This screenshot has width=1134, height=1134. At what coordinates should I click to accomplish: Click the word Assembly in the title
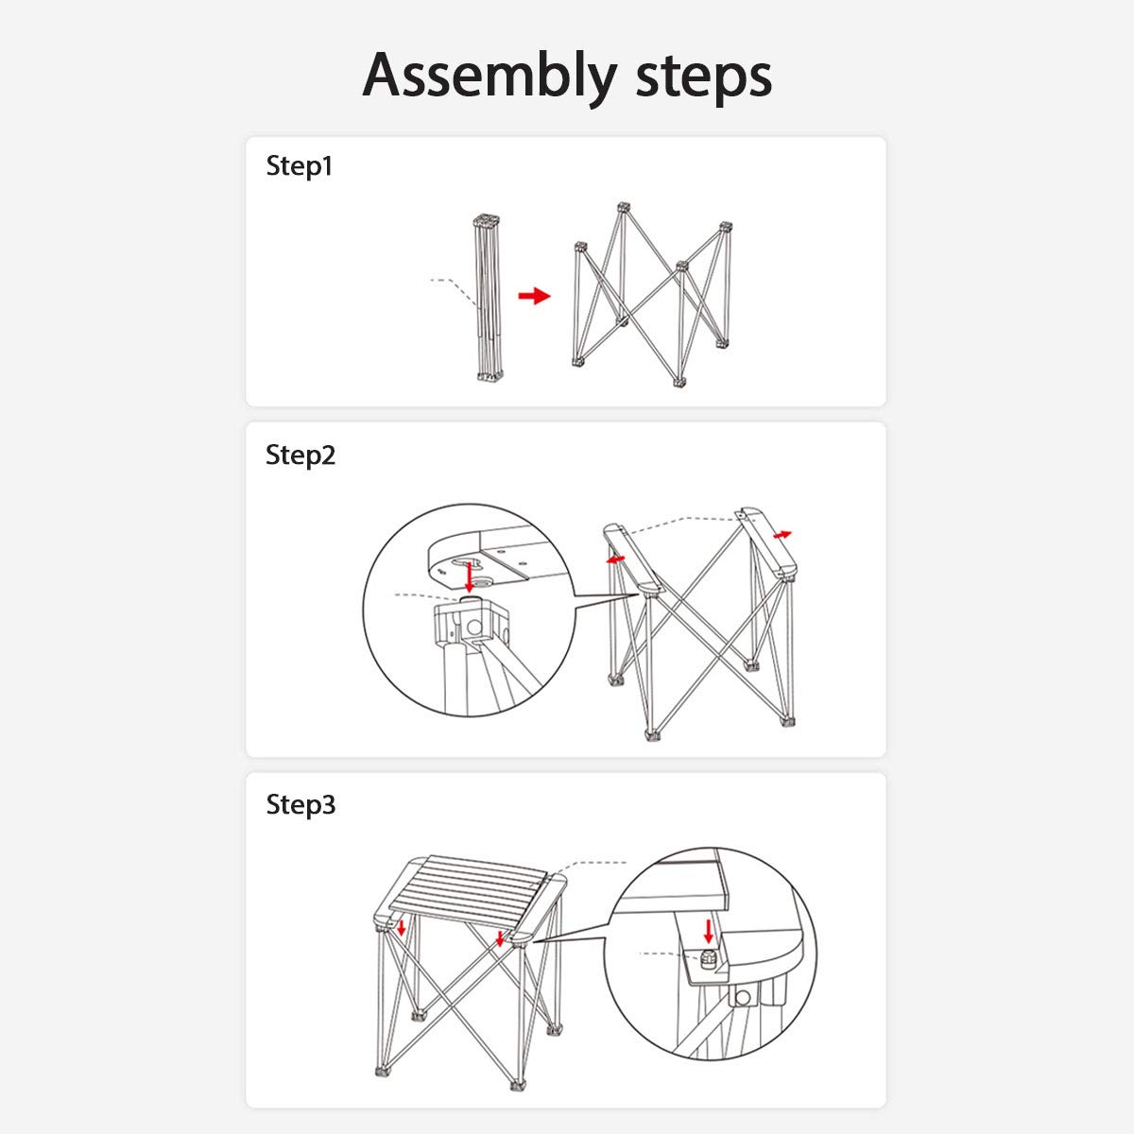(x=489, y=77)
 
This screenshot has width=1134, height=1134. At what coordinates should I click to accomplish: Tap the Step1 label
(x=299, y=166)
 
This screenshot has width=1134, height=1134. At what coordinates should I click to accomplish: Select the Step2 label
(x=301, y=455)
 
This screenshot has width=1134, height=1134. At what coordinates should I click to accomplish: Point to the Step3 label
(x=301, y=804)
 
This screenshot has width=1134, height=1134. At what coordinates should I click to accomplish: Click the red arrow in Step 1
(x=534, y=296)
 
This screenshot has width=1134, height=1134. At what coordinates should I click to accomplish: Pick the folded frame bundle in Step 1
(x=488, y=298)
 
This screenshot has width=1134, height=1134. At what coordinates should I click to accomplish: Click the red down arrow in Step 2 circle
(x=469, y=577)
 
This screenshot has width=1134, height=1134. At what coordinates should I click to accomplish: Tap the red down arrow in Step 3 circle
(x=709, y=931)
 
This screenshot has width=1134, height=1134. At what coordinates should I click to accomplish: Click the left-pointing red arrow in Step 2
(x=615, y=559)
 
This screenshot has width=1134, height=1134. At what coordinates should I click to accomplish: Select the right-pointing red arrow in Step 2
(x=782, y=535)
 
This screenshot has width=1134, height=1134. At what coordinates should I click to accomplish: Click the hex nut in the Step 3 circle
(x=706, y=958)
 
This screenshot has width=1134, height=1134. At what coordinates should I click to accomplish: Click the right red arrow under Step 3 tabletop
(x=500, y=938)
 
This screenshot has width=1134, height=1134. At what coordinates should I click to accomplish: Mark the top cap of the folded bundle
(x=487, y=221)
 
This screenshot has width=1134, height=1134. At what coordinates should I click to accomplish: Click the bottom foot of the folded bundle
(x=490, y=376)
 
